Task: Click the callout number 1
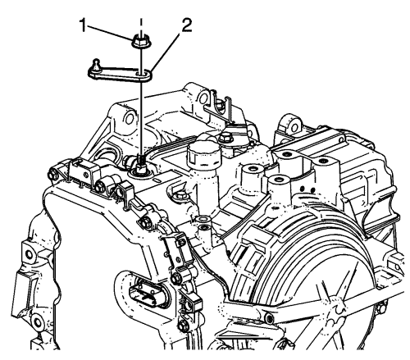(x=83, y=25)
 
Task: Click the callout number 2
(x=185, y=25)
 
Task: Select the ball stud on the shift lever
(x=95, y=65)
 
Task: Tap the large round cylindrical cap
(x=203, y=155)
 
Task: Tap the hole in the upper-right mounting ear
(x=294, y=127)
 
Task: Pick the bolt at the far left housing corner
(x=52, y=175)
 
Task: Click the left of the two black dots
(x=302, y=189)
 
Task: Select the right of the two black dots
(x=312, y=189)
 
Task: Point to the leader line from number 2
(x=166, y=51)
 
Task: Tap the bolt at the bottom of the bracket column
(x=183, y=326)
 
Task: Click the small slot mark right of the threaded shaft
(x=158, y=180)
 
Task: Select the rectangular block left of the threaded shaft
(x=84, y=170)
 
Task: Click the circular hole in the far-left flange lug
(x=29, y=254)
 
